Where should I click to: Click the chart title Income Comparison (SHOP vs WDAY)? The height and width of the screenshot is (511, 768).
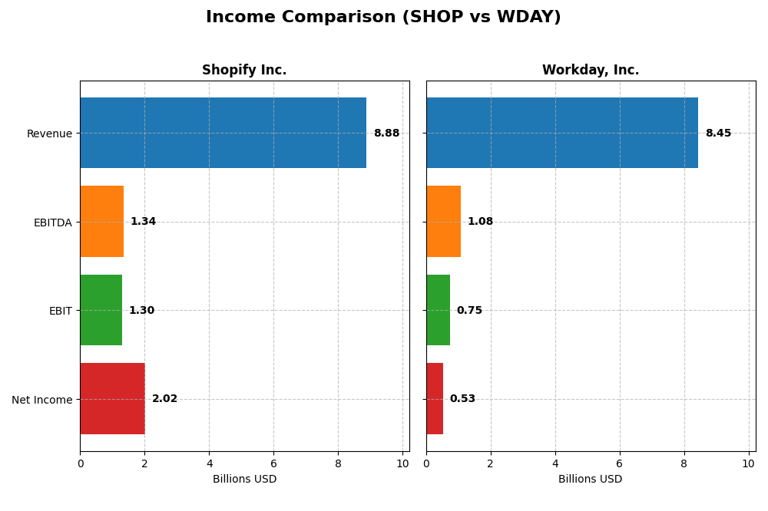point(383,17)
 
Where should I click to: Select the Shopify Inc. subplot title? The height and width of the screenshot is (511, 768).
point(244,70)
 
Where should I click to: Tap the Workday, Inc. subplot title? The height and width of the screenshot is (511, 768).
point(590,70)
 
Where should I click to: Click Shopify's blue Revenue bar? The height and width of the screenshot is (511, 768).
point(223,133)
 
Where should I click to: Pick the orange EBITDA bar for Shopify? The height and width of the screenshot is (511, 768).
point(101,221)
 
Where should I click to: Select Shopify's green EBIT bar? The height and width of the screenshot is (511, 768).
point(101,310)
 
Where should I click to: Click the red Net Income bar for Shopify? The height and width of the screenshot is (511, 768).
point(112,399)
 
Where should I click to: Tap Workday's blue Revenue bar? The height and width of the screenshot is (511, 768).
point(561,133)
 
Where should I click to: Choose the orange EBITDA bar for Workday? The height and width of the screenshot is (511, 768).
point(443,221)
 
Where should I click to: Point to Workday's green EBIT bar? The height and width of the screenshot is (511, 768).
point(438,310)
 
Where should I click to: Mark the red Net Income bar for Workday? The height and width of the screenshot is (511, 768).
point(435,399)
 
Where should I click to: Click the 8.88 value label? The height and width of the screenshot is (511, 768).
point(386,134)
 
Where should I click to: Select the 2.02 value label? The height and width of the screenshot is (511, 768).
point(164,399)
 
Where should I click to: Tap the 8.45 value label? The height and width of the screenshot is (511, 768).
point(718,134)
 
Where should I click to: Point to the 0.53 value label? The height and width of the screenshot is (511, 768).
point(462,399)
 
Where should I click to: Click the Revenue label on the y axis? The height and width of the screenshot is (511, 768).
point(49,134)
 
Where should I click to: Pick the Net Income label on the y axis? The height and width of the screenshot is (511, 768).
point(41,400)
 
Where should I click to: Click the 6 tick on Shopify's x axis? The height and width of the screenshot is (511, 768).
point(273,463)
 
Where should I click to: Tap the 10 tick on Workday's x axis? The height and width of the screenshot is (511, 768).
point(749,463)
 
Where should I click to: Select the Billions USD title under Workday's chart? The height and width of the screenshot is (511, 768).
point(590,480)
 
